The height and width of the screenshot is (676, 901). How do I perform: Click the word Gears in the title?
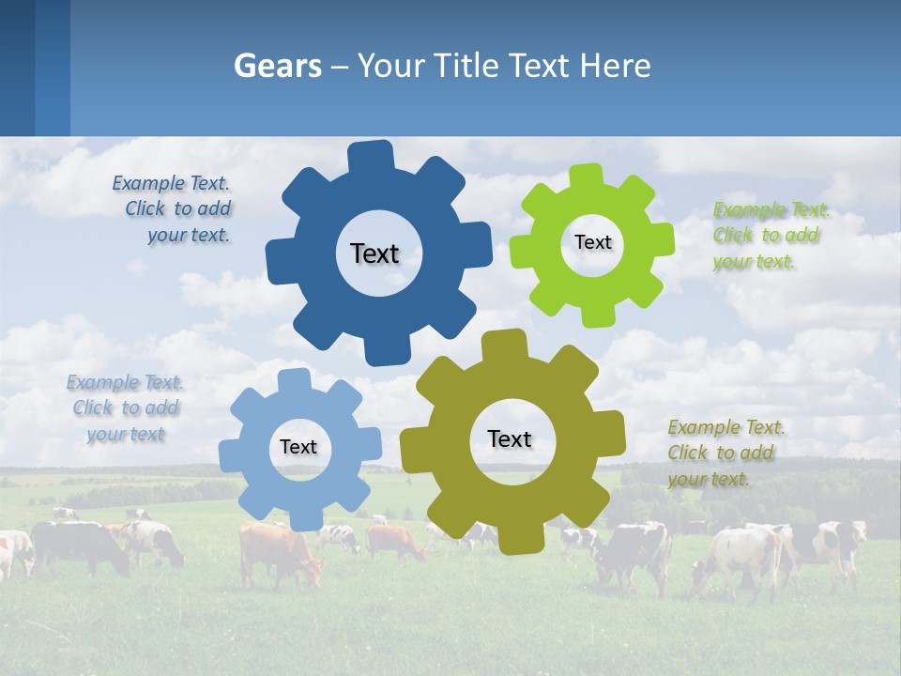point(277,66)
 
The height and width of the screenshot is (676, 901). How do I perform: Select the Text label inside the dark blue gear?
point(374,253)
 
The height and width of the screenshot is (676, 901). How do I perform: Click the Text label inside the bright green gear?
point(592,242)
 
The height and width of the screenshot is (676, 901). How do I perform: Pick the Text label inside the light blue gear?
point(298,448)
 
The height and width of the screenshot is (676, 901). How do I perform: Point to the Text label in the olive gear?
point(510,439)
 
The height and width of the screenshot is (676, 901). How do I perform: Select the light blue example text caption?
point(125,408)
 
